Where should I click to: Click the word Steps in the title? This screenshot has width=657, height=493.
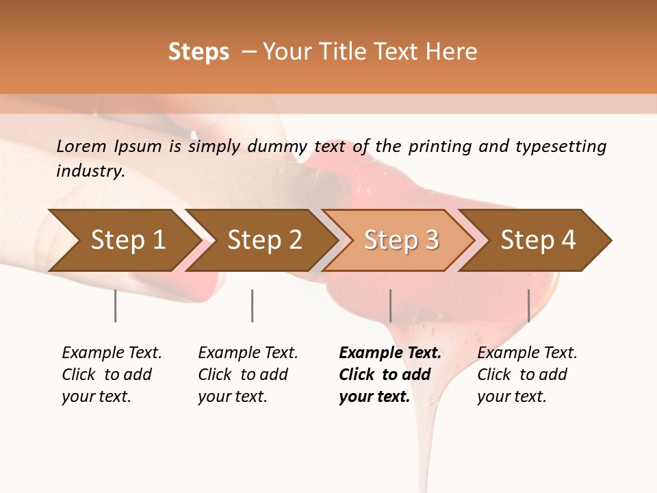pyautogui.click(x=198, y=52)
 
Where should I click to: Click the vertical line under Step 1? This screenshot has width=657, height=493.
pyautogui.click(x=116, y=305)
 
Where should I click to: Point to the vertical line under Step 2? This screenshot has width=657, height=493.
pyautogui.click(x=253, y=305)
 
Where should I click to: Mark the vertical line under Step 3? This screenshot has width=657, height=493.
pyautogui.click(x=390, y=305)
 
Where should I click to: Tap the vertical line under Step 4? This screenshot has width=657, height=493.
pyautogui.click(x=528, y=305)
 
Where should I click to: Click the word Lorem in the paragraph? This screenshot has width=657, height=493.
pyautogui.click(x=81, y=147)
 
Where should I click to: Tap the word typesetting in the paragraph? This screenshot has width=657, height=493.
pyautogui.click(x=560, y=147)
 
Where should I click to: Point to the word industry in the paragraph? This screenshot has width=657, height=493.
pyautogui.click(x=90, y=171)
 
